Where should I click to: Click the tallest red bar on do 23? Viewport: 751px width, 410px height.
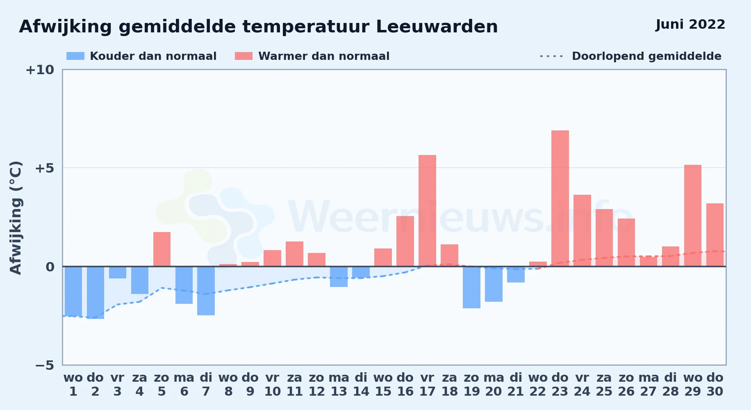560,198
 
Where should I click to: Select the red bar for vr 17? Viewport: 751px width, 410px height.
427,211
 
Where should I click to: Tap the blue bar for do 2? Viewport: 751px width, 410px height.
96,293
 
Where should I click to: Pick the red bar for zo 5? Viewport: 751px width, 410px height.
162,249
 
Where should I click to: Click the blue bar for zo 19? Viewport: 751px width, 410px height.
471,287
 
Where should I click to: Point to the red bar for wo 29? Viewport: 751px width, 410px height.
693,216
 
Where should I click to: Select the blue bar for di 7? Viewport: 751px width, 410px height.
206,291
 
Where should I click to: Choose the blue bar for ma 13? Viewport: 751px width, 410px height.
339,277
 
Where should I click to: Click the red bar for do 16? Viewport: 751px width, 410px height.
405,241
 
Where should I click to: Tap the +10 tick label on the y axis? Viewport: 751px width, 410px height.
40,70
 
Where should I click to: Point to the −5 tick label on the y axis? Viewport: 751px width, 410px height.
45,365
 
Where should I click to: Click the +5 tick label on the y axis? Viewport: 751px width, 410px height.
45,168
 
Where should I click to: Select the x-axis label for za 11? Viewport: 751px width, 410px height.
294,385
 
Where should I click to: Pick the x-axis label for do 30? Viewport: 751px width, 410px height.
715,385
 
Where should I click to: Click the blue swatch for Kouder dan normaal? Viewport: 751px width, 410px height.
75,56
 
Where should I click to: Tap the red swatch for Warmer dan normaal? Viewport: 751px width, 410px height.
244,56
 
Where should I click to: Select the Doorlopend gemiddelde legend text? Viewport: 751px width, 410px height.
646,56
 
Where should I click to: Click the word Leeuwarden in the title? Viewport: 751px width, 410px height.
437,27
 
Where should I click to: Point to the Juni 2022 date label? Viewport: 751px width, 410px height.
690,25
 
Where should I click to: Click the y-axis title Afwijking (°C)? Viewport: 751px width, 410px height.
16,218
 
